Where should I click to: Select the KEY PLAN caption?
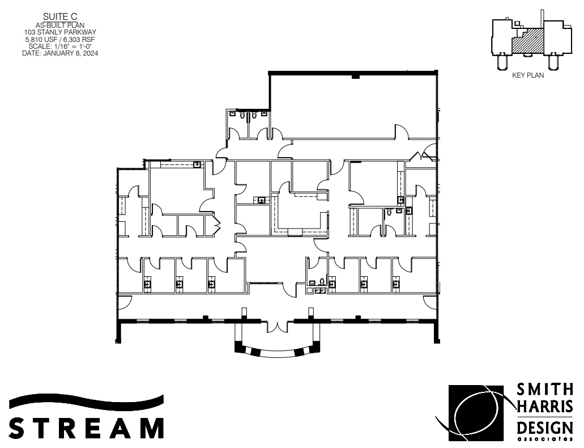click(x=527, y=75)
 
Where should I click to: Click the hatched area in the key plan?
click(x=527, y=43)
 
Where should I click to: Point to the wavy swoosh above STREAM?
click(x=86, y=402)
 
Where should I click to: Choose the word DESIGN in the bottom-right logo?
click(x=544, y=427)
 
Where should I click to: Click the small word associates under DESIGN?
click(x=544, y=439)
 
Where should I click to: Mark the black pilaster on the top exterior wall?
click(x=356, y=76)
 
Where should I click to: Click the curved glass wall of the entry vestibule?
click(x=277, y=351)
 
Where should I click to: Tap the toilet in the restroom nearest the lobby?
click(x=322, y=282)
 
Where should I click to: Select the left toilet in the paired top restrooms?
click(x=242, y=116)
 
